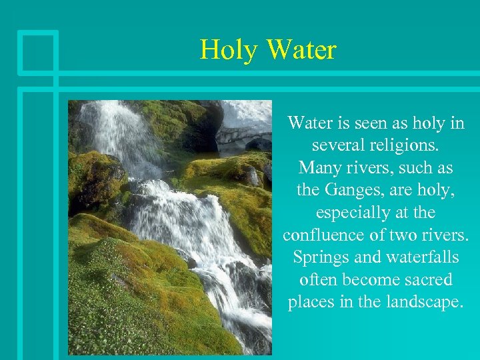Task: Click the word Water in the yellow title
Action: click(301, 50)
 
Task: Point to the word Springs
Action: click(318, 257)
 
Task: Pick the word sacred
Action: click(430, 279)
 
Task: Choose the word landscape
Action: click(421, 301)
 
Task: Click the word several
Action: click(335, 146)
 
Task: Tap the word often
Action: click(318, 279)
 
